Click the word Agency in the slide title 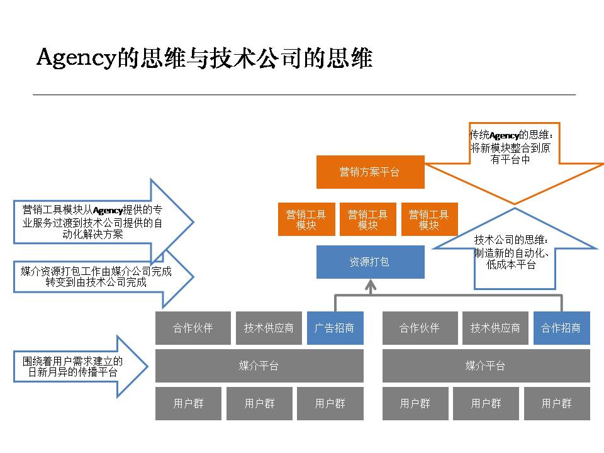point(76,58)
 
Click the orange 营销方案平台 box point(370,172)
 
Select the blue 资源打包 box point(370,262)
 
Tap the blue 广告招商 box point(335,328)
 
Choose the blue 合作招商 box point(562,328)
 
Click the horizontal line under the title point(305,94)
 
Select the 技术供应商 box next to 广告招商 point(269,328)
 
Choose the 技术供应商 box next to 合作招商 point(495,328)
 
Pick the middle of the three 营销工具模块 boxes point(368,219)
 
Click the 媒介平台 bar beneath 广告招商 point(259,366)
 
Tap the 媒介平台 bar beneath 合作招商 point(486,366)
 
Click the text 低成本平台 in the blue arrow point(511,265)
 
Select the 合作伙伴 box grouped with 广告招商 point(193,328)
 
